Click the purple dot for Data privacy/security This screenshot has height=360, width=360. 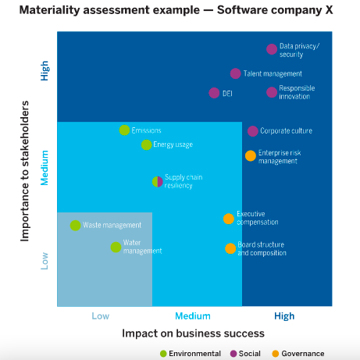(x=272, y=49)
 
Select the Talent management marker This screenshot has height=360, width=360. (x=235, y=73)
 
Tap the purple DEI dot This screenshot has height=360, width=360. (x=215, y=93)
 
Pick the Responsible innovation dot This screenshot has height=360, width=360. (x=272, y=92)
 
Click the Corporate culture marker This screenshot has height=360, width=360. (x=252, y=131)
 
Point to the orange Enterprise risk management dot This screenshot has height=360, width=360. (x=250, y=156)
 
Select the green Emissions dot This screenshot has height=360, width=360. (x=124, y=130)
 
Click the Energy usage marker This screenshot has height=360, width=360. (x=147, y=144)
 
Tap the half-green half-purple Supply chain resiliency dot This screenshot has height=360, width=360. (x=157, y=181)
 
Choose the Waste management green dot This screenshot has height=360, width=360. (x=75, y=225)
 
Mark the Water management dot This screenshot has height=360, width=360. (x=116, y=247)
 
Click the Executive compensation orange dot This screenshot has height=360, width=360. (x=228, y=219)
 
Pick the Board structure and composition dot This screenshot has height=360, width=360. (x=230, y=248)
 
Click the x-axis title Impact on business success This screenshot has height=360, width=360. (x=193, y=333)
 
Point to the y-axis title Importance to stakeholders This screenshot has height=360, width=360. (x=25, y=170)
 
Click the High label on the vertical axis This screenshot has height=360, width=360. (x=45, y=72)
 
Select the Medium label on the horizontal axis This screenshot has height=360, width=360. (x=192, y=316)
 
